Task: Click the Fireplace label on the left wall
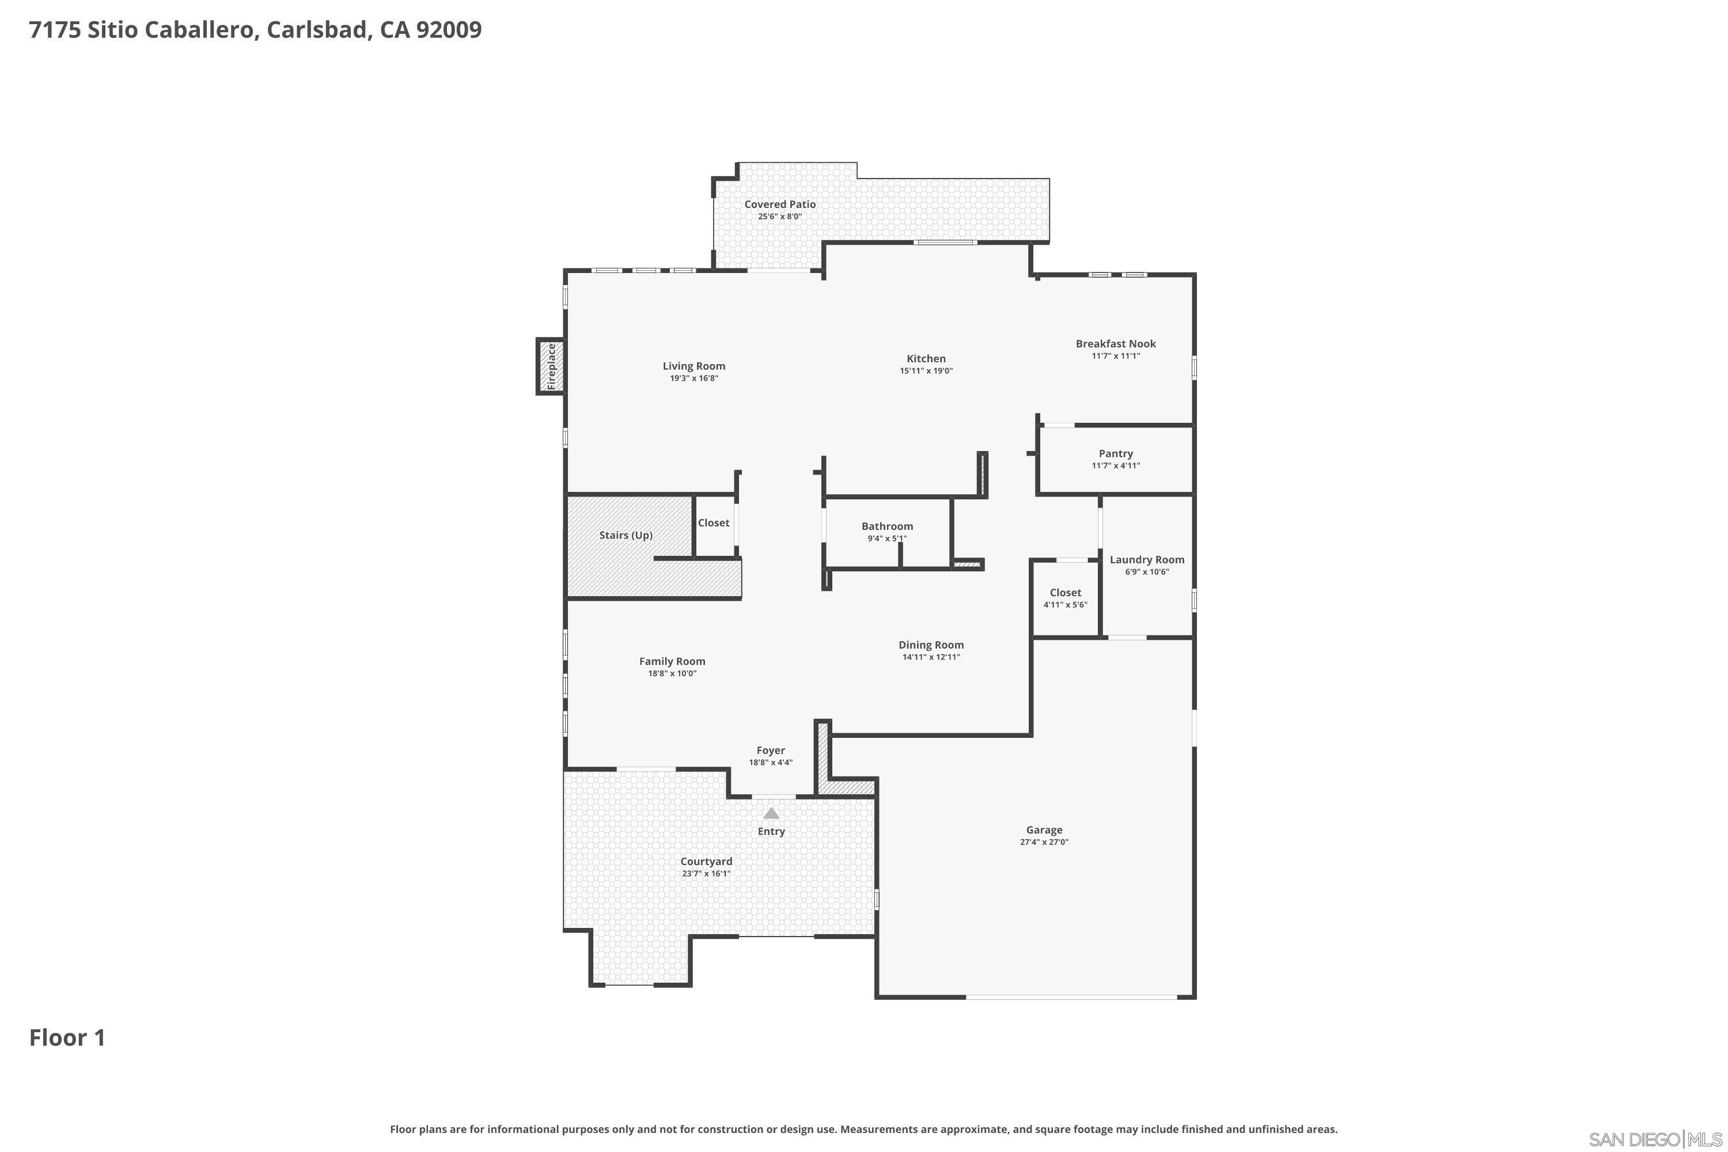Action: coord(551,366)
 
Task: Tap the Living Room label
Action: coord(694,366)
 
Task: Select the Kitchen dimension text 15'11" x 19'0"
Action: coord(926,371)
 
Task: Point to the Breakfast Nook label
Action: coord(1115,344)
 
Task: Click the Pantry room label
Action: coord(1115,454)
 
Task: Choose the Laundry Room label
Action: coord(1146,560)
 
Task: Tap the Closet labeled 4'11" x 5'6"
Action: coord(1064,593)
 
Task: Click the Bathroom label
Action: coord(887,527)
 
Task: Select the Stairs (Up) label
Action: coord(625,536)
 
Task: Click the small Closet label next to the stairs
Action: coord(714,523)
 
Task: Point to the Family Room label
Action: coord(672,662)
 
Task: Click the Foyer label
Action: coord(771,751)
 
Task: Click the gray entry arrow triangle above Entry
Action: coord(771,813)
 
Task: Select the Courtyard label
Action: coord(705,862)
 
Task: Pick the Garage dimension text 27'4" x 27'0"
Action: coord(1043,843)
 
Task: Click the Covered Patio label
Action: coord(779,205)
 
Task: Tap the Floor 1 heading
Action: coord(67,1038)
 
